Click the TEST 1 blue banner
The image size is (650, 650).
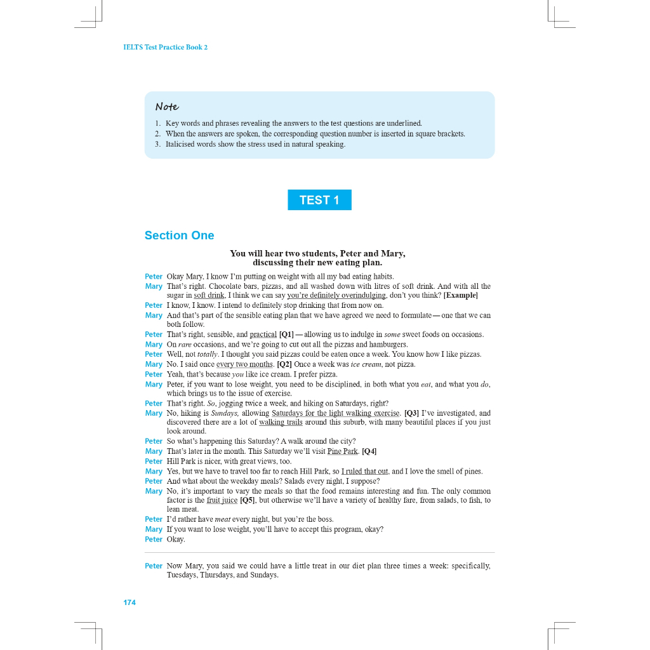tap(319, 200)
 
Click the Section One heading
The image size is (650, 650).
tap(179, 235)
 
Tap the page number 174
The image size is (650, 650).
tap(129, 602)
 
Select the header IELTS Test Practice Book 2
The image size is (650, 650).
tap(165, 48)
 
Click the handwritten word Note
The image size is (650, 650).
tap(167, 107)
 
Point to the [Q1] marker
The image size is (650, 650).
tap(286, 335)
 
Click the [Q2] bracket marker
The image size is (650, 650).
tap(284, 364)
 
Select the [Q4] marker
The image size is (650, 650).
tap(369, 451)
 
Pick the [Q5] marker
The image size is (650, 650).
tap(248, 500)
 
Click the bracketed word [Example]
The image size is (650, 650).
tap(460, 295)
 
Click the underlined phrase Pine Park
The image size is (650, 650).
tap(343, 451)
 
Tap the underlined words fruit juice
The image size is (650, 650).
tap(222, 500)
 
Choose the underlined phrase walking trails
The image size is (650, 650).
tap(281, 422)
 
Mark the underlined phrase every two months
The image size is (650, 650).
tap(244, 364)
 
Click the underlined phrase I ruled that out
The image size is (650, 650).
tap(364, 471)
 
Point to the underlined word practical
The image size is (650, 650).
tap(263, 335)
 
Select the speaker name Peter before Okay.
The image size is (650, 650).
tap(154, 540)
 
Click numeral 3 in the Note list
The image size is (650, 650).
tap(157, 144)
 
